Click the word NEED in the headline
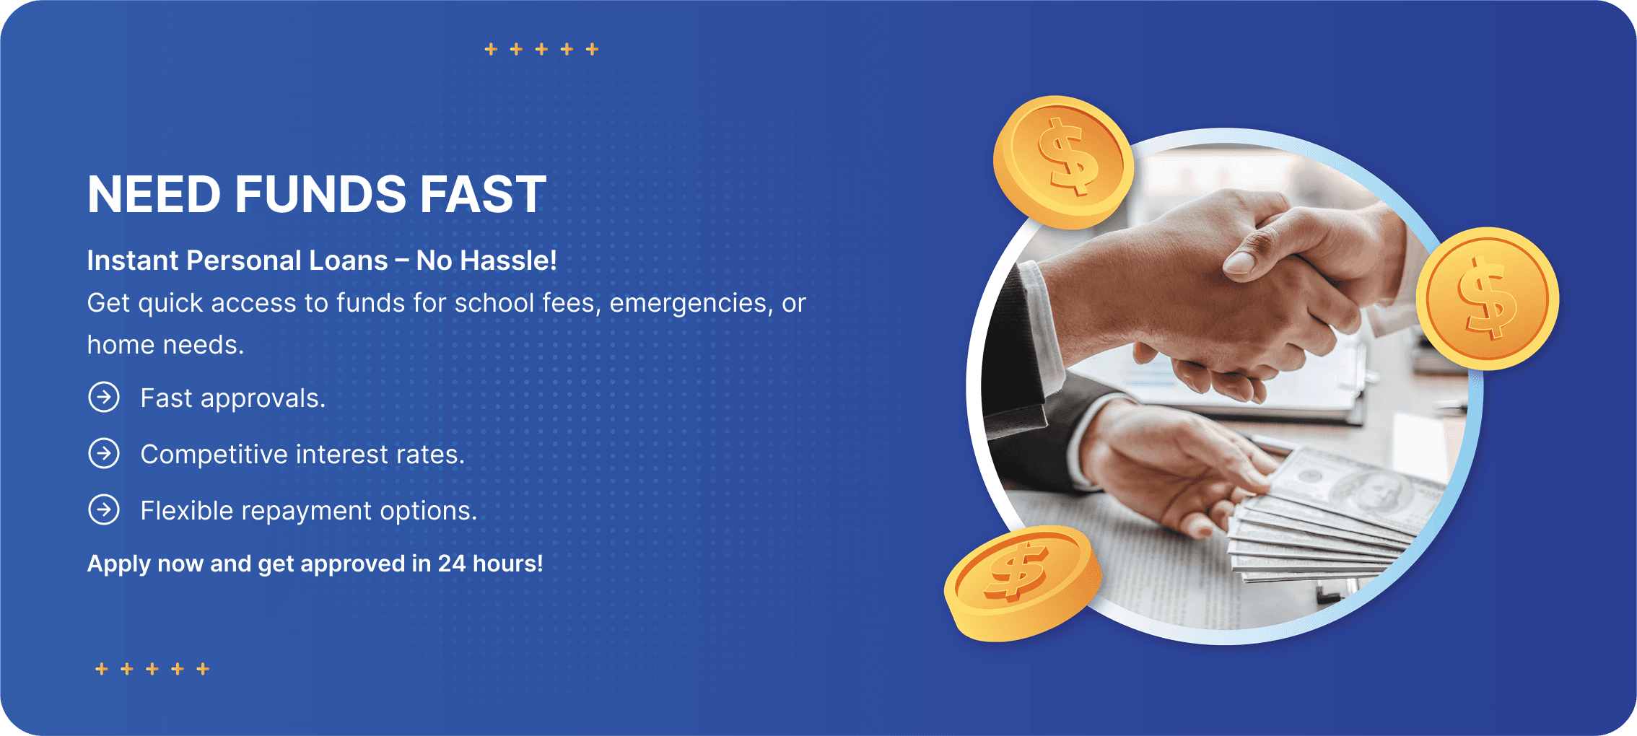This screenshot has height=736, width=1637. (x=154, y=194)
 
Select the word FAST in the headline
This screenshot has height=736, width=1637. (x=483, y=194)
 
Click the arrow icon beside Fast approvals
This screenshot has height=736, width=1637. (x=104, y=397)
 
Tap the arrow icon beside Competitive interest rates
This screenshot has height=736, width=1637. (x=104, y=453)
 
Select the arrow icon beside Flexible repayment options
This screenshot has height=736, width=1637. (x=104, y=509)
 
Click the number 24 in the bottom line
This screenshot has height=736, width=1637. (x=452, y=564)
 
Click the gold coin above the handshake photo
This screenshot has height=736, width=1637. (x=1062, y=162)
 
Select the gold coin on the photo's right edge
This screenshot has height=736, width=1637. (x=1487, y=299)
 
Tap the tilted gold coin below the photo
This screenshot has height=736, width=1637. (x=1023, y=583)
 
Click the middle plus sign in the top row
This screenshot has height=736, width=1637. (x=541, y=49)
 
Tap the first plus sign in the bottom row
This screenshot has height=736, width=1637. (x=102, y=669)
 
